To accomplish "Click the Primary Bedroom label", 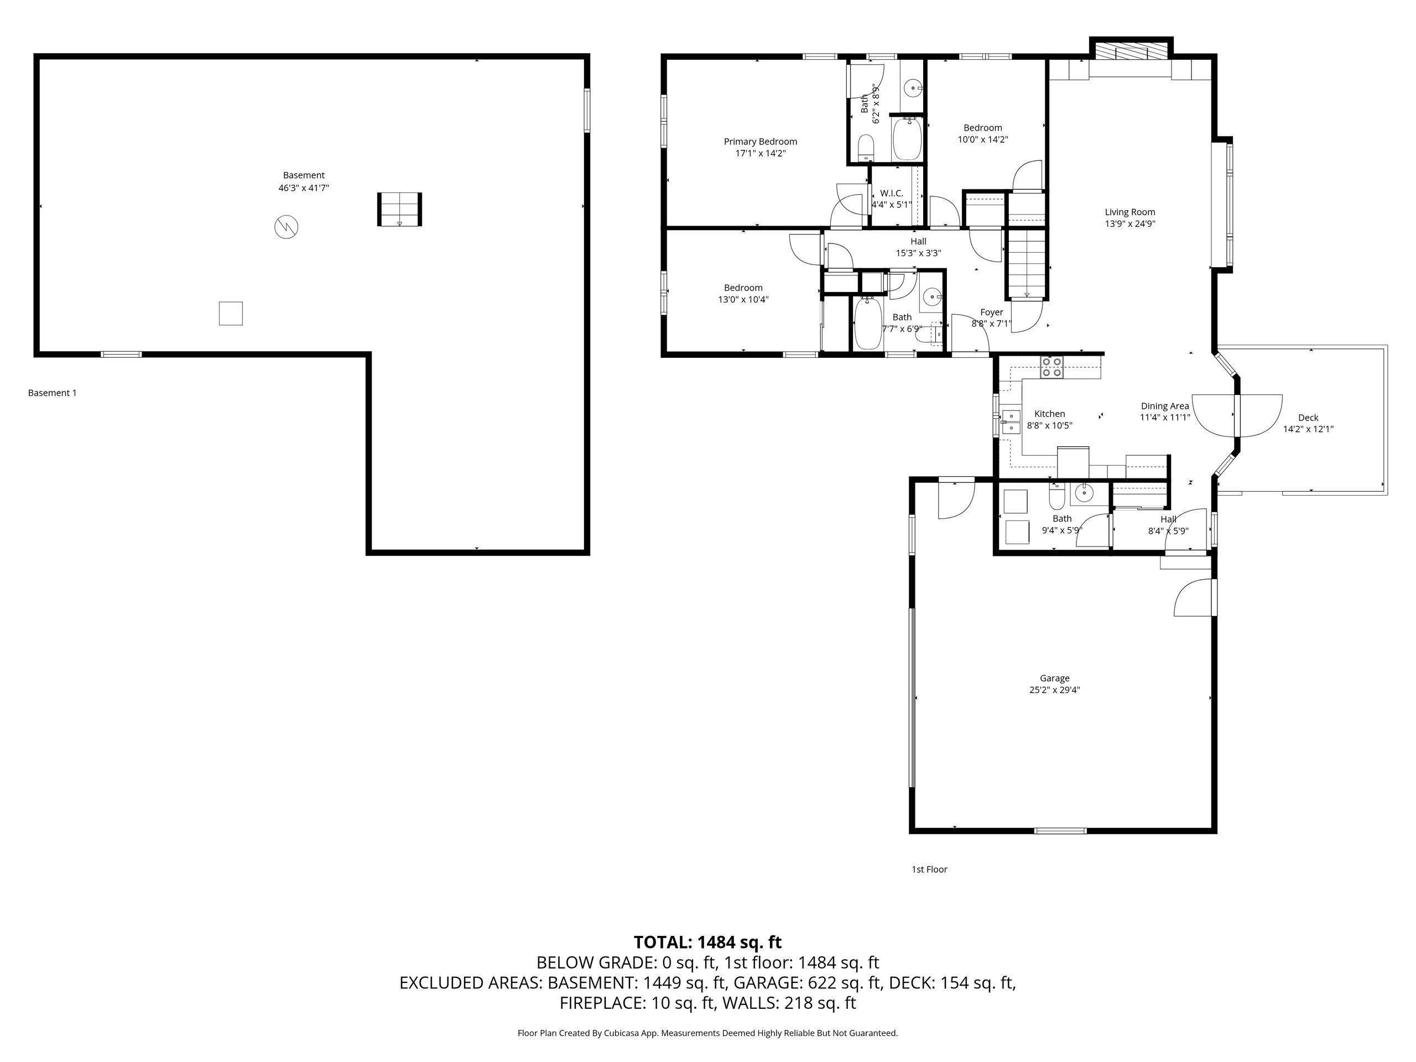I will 760,142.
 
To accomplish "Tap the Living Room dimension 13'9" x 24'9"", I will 1129,224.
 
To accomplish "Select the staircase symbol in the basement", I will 399,209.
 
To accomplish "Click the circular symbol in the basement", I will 286,227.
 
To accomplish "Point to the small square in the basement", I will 231,314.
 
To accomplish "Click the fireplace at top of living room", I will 1131,52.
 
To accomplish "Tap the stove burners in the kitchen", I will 1051,367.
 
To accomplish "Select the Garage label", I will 1054,678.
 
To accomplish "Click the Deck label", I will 1308,418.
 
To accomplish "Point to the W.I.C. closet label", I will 891,194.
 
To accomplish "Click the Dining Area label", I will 1164,406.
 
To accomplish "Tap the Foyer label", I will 992,313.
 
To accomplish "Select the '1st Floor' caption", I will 929,870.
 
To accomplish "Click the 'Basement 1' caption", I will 52,393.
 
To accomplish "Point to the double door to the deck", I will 1237,415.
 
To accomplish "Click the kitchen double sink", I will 1011,422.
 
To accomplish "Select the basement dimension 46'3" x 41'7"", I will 304,188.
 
